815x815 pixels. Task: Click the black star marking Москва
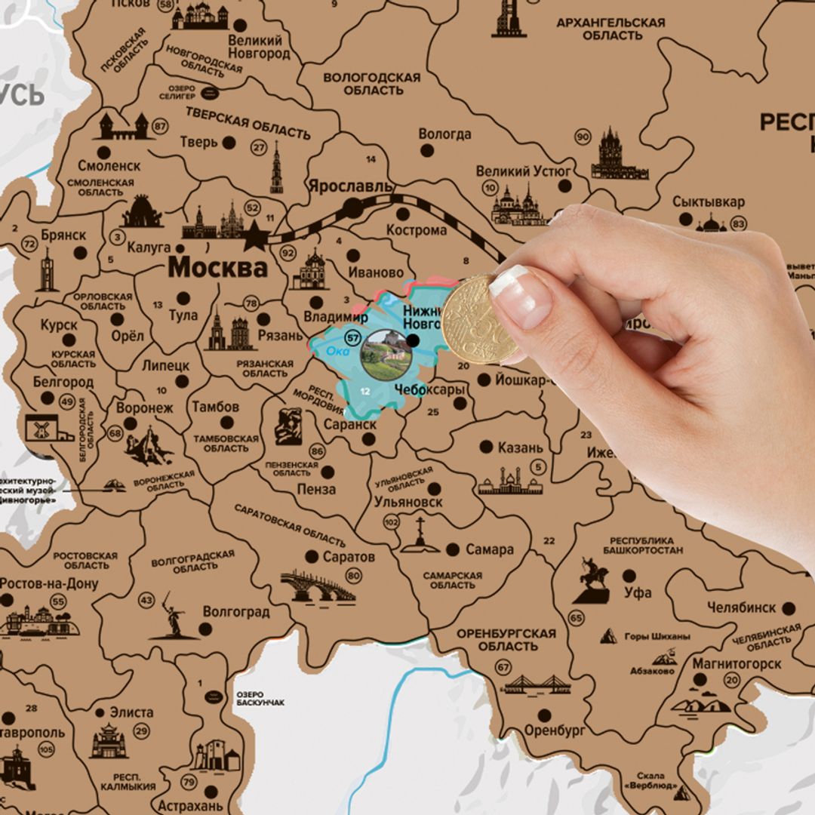tap(256, 237)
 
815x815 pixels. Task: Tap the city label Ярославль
tap(350, 186)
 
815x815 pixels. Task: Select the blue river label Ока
tap(338, 351)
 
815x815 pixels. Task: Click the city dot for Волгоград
tap(205, 629)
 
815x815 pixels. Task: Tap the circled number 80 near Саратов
tap(353, 576)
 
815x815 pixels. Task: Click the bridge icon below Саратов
tap(317, 587)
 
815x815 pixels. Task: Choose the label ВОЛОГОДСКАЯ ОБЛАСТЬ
tap(372, 84)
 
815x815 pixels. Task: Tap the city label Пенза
tap(316, 489)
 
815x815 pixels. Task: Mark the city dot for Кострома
tap(403, 214)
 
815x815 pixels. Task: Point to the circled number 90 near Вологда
tap(583, 137)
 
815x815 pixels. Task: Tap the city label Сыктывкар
tap(709, 202)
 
